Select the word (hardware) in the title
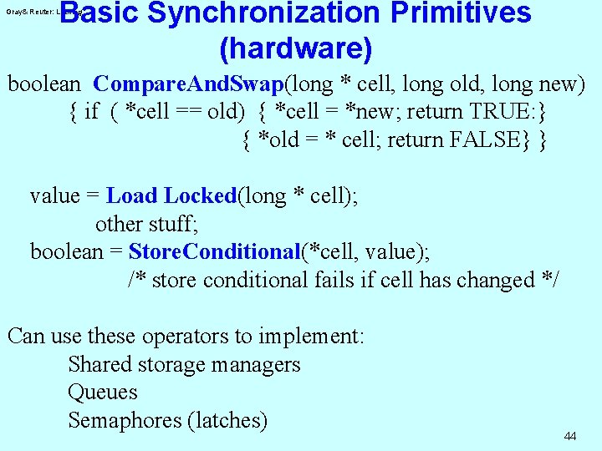click(295, 49)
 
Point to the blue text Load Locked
click(171, 196)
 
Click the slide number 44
click(570, 437)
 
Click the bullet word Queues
click(102, 393)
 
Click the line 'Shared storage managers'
click(184, 365)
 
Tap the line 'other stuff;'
click(145, 224)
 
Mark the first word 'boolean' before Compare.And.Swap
click(44, 84)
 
